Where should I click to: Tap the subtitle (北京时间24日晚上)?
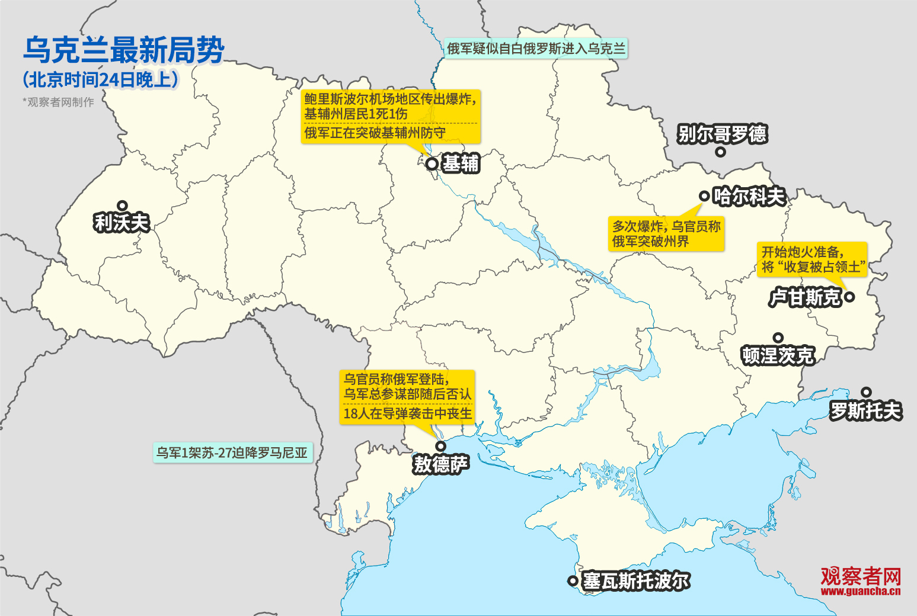point(100,80)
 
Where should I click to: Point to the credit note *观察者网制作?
point(58,102)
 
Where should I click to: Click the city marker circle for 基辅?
point(432,163)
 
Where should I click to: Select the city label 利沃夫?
point(122,223)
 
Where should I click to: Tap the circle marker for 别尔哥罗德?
point(720,152)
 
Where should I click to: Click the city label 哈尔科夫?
point(749,196)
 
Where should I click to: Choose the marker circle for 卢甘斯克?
point(849,297)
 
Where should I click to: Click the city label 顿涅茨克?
point(778,355)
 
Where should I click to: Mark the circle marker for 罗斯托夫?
point(866,392)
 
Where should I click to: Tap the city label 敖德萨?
point(441,464)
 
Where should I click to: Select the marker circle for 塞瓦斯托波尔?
point(573,581)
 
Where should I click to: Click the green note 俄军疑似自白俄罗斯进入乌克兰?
point(536,49)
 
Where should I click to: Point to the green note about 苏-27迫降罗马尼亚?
point(232,453)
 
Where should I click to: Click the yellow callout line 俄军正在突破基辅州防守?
point(375,133)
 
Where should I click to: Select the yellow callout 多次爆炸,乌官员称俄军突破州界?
point(666,234)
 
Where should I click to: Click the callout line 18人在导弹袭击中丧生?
point(408,413)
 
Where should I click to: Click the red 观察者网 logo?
point(861,575)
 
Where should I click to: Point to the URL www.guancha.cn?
point(861,591)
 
